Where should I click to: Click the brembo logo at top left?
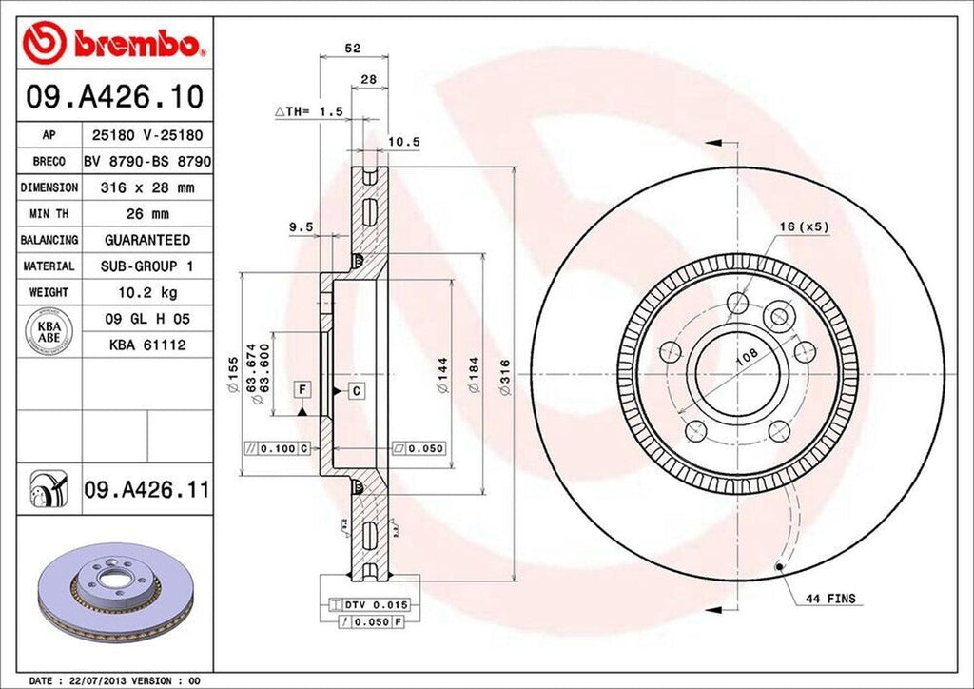point(114,43)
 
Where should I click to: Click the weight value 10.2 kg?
point(147,291)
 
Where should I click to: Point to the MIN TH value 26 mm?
point(147,214)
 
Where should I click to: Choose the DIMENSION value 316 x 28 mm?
point(147,188)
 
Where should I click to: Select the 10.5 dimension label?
point(404,142)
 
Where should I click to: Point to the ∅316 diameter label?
point(506,377)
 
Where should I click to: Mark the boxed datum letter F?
point(302,389)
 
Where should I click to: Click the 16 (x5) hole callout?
point(800,226)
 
